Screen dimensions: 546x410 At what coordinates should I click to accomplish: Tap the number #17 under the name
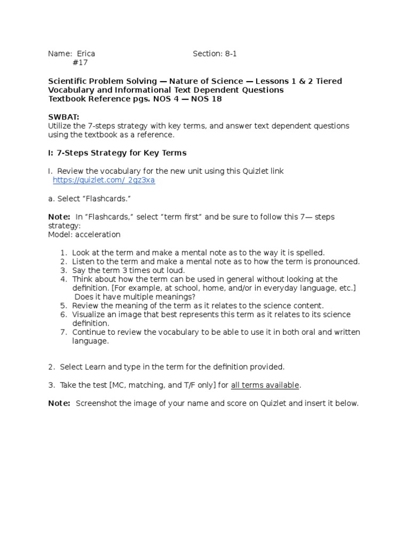(80, 63)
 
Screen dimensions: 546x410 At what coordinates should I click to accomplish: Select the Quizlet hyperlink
(104, 180)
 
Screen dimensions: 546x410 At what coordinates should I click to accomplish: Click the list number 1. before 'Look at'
(63, 252)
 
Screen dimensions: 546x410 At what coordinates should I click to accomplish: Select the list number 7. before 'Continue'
(63, 332)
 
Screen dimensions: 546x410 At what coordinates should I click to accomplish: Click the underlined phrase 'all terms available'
(265, 385)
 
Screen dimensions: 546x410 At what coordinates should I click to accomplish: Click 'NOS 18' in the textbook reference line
(205, 99)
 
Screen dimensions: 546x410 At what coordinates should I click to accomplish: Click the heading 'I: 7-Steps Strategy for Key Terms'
(117, 152)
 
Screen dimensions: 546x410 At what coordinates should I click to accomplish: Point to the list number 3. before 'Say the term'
(63, 270)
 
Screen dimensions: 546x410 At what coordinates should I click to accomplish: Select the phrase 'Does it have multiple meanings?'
(135, 296)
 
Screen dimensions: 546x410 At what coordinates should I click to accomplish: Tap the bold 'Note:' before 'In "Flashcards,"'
(59, 217)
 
